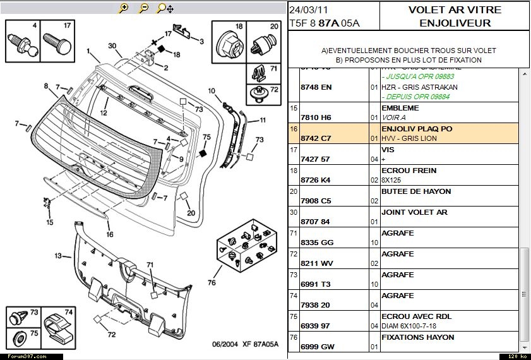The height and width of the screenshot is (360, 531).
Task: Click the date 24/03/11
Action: click(x=308, y=11)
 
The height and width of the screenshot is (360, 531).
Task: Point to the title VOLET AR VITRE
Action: click(x=455, y=10)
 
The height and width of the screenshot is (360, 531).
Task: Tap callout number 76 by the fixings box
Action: click(x=212, y=282)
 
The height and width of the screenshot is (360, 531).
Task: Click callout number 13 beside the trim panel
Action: click(x=58, y=256)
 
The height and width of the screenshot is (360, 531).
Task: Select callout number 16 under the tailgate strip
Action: click(x=110, y=234)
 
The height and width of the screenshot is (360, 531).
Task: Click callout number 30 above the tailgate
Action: click(x=112, y=46)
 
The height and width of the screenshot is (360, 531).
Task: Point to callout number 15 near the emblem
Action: click(x=50, y=222)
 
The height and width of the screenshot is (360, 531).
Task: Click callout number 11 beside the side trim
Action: click(x=262, y=120)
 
